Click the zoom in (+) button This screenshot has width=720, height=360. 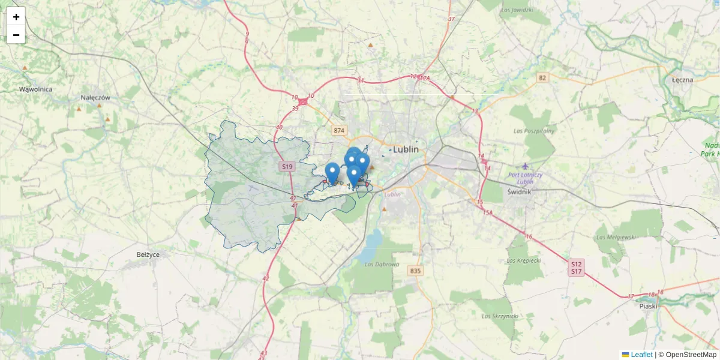coord(16,17)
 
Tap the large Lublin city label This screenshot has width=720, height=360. coord(406,149)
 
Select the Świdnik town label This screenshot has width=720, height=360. coord(520,192)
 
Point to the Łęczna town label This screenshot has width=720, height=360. coord(683,80)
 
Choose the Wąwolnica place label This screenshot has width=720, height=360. coord(35,89)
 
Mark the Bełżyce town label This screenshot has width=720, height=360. coord(148,254)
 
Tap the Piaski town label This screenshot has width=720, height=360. coord(648,306)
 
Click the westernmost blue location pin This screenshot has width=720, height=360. coord(332,173)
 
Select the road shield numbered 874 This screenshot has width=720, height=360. coord(340,130)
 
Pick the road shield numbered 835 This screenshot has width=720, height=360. coord(415,271)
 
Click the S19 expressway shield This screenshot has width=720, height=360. coord(287,167)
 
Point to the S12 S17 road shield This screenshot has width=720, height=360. coord(577,268)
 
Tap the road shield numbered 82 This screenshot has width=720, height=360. coord(543,77)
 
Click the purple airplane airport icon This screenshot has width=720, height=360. coord(526,166)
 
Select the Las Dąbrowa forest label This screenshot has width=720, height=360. coord(382,264)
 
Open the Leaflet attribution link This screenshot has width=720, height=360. coord(641,355)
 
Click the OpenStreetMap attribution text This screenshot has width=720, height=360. coord(691,355)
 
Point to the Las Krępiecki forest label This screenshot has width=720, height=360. coord(524,260)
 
